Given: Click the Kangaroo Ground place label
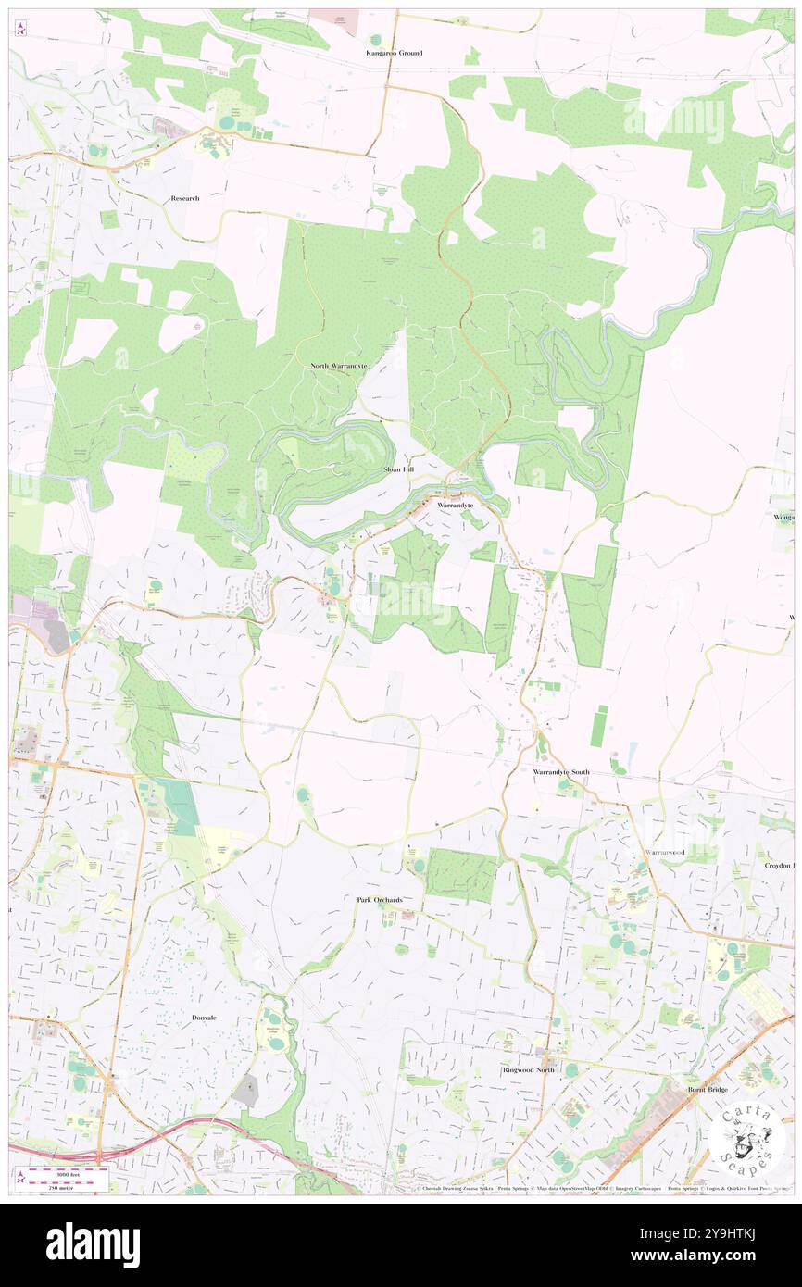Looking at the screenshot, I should click(x=394, y=53).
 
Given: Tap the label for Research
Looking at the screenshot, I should click(x=185, y=198).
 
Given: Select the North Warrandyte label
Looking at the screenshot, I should click(x=338, y=366).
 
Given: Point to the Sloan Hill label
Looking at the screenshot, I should click(x=399, y=470).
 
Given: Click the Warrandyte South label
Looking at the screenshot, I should click(x=561, y=771).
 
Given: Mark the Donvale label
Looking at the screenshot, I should click(x=204, y=1018).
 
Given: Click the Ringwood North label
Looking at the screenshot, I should click(x=529, y=1069).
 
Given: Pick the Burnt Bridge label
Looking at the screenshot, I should click(x=708, y=1090).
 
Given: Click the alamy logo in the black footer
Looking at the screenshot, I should click(x=93, y=1244).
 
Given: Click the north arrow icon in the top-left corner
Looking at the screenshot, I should click(x=19, y=29).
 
